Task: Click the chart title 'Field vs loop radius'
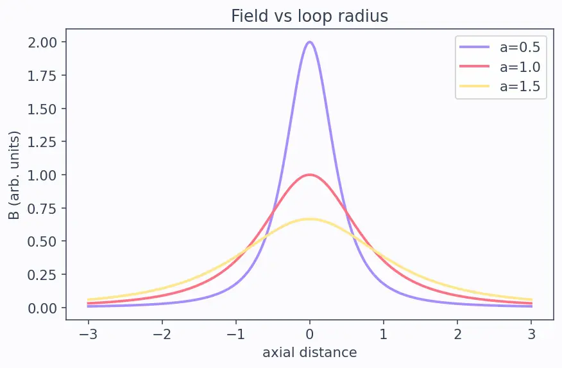[309, 16]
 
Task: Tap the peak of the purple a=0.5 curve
[310, 42]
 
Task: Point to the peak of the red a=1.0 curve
[310, 175]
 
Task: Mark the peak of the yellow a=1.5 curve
[310, 219]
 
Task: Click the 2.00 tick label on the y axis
[42, 42]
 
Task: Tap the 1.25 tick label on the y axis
[42, 142]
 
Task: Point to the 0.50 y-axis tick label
[42, 241]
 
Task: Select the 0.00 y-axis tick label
[42, 308]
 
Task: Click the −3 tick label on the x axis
[88, 335]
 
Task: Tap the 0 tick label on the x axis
[310, 335]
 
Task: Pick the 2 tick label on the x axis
[457, 335]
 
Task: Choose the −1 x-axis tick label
[236, 335]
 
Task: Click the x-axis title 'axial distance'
[310, 353]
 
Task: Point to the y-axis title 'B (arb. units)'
[13, 175]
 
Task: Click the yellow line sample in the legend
[475, 86]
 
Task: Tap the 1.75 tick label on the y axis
[42, 76]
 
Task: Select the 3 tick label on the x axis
[531, 335]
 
